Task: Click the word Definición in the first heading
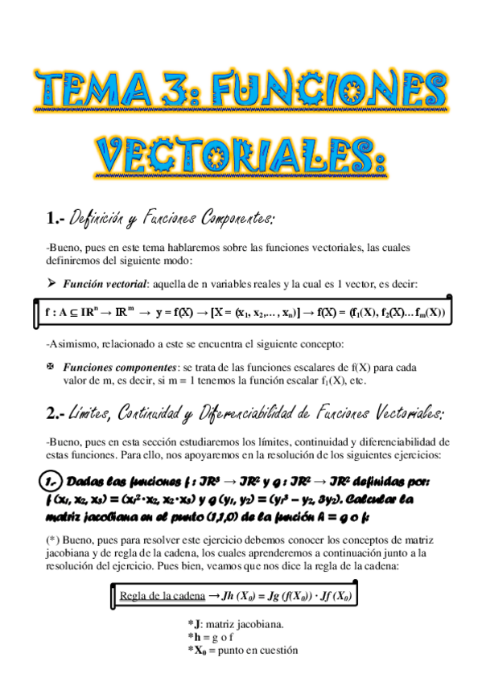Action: (99, 218)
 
